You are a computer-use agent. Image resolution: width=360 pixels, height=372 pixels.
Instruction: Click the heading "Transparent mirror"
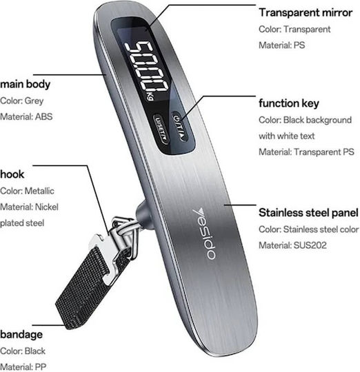click(306, 12)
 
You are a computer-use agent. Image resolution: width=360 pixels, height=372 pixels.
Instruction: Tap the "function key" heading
click(289, 103)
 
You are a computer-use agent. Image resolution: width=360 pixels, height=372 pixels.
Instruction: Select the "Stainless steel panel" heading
click(308, 213)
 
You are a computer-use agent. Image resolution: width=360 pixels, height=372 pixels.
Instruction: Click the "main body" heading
click(25, 84)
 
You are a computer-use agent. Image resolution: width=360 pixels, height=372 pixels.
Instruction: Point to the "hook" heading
click(12, 174)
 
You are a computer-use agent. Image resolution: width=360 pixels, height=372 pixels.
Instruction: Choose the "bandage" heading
click(21, 335)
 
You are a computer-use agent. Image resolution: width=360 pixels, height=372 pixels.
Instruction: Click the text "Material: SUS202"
click(292, 245)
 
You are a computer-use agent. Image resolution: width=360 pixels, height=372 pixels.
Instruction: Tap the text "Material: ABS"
click(26, 116)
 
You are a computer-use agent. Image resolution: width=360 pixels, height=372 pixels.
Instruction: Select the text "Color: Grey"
click(21, 101)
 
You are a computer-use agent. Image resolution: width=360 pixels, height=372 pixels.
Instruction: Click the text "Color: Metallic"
click(27, 191)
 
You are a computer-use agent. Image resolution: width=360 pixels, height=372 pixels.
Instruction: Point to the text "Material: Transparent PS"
click(306, 152)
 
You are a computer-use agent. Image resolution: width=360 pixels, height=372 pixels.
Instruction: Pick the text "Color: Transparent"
click(294, 29)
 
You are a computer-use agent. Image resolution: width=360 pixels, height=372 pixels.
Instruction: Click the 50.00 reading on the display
click(146, 67)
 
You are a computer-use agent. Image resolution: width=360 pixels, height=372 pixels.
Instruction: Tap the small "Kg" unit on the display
click(150, 96)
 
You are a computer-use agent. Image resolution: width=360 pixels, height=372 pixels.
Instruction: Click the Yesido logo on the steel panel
click(204, 234)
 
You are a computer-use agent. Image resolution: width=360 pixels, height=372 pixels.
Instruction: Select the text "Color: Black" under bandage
click(23, 351)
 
